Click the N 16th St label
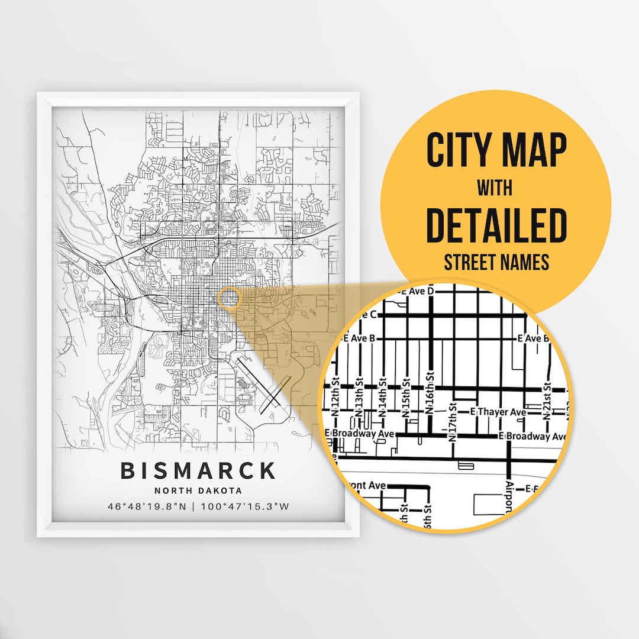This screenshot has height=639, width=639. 430,392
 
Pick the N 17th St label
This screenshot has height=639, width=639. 454,422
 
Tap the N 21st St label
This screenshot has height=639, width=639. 548,401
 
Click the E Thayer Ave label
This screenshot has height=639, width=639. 498,411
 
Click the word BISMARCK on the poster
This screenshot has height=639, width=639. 198,471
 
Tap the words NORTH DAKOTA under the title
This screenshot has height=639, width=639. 198,490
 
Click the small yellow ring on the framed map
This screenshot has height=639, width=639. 229,298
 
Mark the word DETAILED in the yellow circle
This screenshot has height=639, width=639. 496,225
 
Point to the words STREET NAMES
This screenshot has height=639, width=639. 496,262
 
